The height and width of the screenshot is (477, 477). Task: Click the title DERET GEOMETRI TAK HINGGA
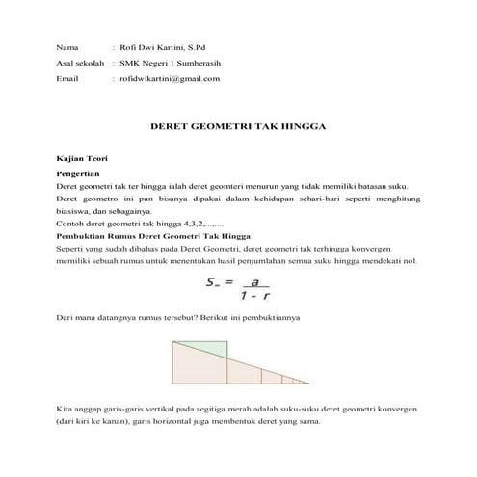pyautogui.click(x=240, y=126)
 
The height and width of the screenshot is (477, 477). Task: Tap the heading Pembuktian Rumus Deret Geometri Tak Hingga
pyautogui.click(x=153, y=235)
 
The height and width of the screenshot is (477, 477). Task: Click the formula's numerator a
pyautogui.click(x=255, y=283)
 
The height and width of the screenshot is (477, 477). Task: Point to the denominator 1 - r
pyautogui.click(x=255, y=297)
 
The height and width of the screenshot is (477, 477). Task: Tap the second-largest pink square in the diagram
pyautogui.click(x=244, y=376)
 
